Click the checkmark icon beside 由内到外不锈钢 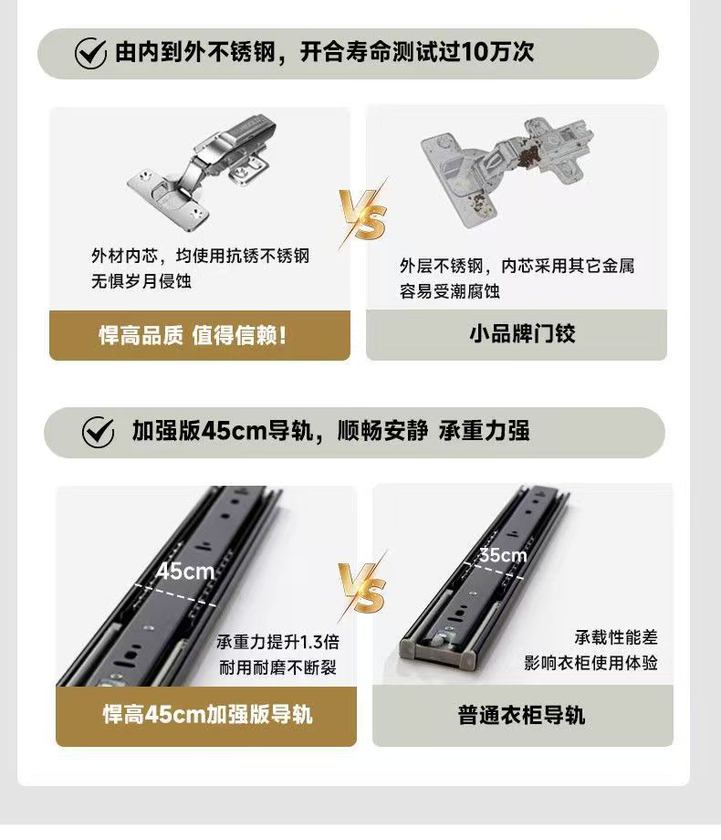tap(90, 53)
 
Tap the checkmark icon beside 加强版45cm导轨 tap(98, 432)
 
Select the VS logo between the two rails tap(363, 587)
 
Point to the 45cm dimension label tap(185, 572)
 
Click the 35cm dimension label tap(503, 555)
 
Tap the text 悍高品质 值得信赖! tap(193, 336)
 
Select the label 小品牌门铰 tap(522, 334)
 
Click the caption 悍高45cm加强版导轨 tap(207, 714)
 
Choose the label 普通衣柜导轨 tap(521, 715)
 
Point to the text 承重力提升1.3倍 tap(278, 642)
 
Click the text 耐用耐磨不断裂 tap(278, 667)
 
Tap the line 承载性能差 tap(616, 637)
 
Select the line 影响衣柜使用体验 tap(590, 663)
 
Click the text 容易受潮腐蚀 tap(450, 291)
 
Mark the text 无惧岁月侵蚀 tap(141, 280)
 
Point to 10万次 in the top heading tap(497, 52)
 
